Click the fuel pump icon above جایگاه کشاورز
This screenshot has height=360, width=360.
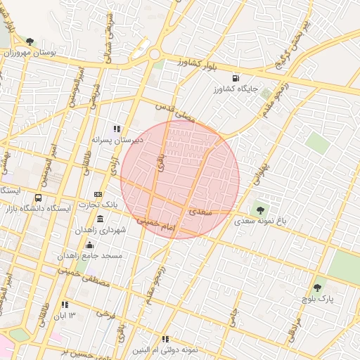[234, 77]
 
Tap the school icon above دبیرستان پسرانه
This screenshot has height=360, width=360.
[117, 129]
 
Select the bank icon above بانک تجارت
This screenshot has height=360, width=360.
[98, 194]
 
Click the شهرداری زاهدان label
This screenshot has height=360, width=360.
[101, 230]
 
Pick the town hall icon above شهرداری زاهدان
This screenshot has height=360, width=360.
[99, 219]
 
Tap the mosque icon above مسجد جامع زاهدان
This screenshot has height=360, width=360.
[89, 245]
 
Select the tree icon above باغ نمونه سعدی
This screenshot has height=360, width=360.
[261, 210]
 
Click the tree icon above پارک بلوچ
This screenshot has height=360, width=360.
[316, 287]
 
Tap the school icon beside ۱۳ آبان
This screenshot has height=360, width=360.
[65, 305]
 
